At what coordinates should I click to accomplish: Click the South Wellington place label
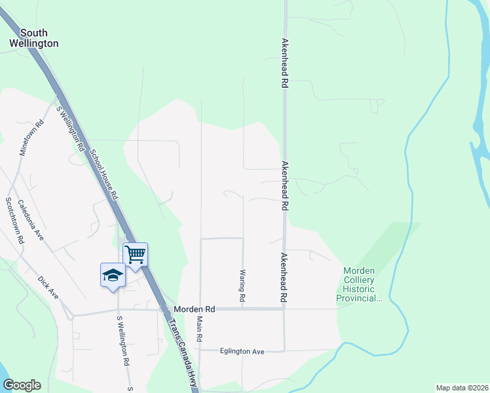pos(33,38)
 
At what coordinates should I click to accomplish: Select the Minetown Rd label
pos(31,137)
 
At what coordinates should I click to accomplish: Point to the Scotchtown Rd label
pos(14,221)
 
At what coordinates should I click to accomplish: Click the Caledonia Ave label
pos(30,219)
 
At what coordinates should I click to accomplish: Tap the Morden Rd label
pos(195,309)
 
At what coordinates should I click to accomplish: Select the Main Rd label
pos(199,329)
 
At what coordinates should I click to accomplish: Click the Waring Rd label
pos(242,286)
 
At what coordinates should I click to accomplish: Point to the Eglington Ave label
pos(242,352)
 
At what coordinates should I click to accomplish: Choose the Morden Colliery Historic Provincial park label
pos(359,284)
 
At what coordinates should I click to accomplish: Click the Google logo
pos(22,385)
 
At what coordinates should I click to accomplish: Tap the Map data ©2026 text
pos(461,388)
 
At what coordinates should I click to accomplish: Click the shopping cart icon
pos(135,253)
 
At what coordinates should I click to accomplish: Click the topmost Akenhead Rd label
pos(285,63)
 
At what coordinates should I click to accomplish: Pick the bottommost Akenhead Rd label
pos(284,277)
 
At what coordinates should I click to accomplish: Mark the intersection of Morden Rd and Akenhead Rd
pos(284,309)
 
